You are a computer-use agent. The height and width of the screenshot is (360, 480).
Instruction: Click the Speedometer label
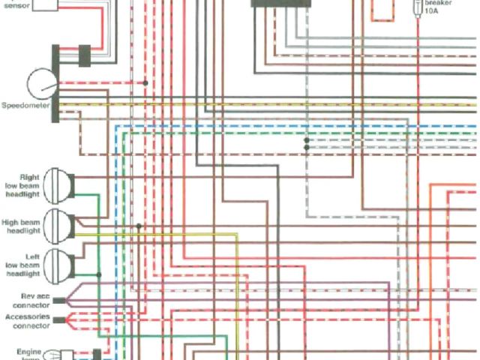pos(27,106)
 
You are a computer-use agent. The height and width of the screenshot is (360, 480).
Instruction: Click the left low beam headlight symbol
pos(58,264)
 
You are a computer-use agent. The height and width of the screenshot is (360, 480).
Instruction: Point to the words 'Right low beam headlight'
pos(24,183)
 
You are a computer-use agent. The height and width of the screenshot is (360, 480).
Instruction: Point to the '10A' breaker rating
pos(433,12)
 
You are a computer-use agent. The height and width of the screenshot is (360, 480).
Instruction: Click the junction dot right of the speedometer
pos(145,82)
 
